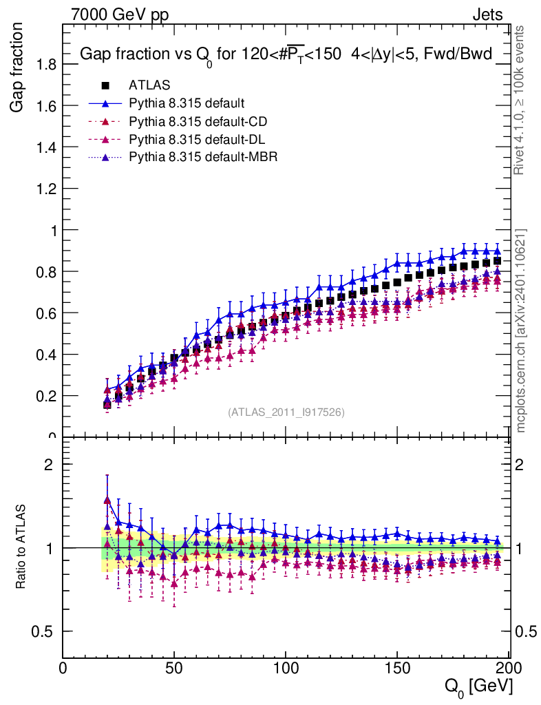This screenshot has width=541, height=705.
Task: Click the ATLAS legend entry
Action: click(149, 85)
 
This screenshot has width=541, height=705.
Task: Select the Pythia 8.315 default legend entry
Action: click(187, 103)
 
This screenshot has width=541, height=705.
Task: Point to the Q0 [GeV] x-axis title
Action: click(478, 686)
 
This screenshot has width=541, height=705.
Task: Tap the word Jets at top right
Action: click(487, 14)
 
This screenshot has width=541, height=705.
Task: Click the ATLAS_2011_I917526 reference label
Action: click(286, 412)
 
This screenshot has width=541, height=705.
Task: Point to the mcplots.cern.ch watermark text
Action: click(522, 330)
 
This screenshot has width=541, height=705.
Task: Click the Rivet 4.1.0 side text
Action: click(522, 110)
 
